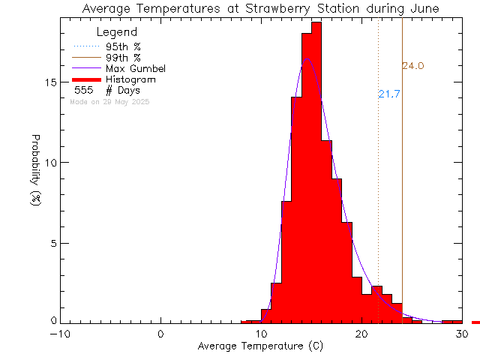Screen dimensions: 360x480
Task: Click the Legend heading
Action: tap(117, 32)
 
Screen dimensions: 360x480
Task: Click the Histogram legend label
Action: tap(131, 79)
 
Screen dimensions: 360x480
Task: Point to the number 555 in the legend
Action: tap(83, 90)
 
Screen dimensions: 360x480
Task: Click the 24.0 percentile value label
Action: tap(413, 66)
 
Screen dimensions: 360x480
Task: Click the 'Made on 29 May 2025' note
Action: tap(109, 101)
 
